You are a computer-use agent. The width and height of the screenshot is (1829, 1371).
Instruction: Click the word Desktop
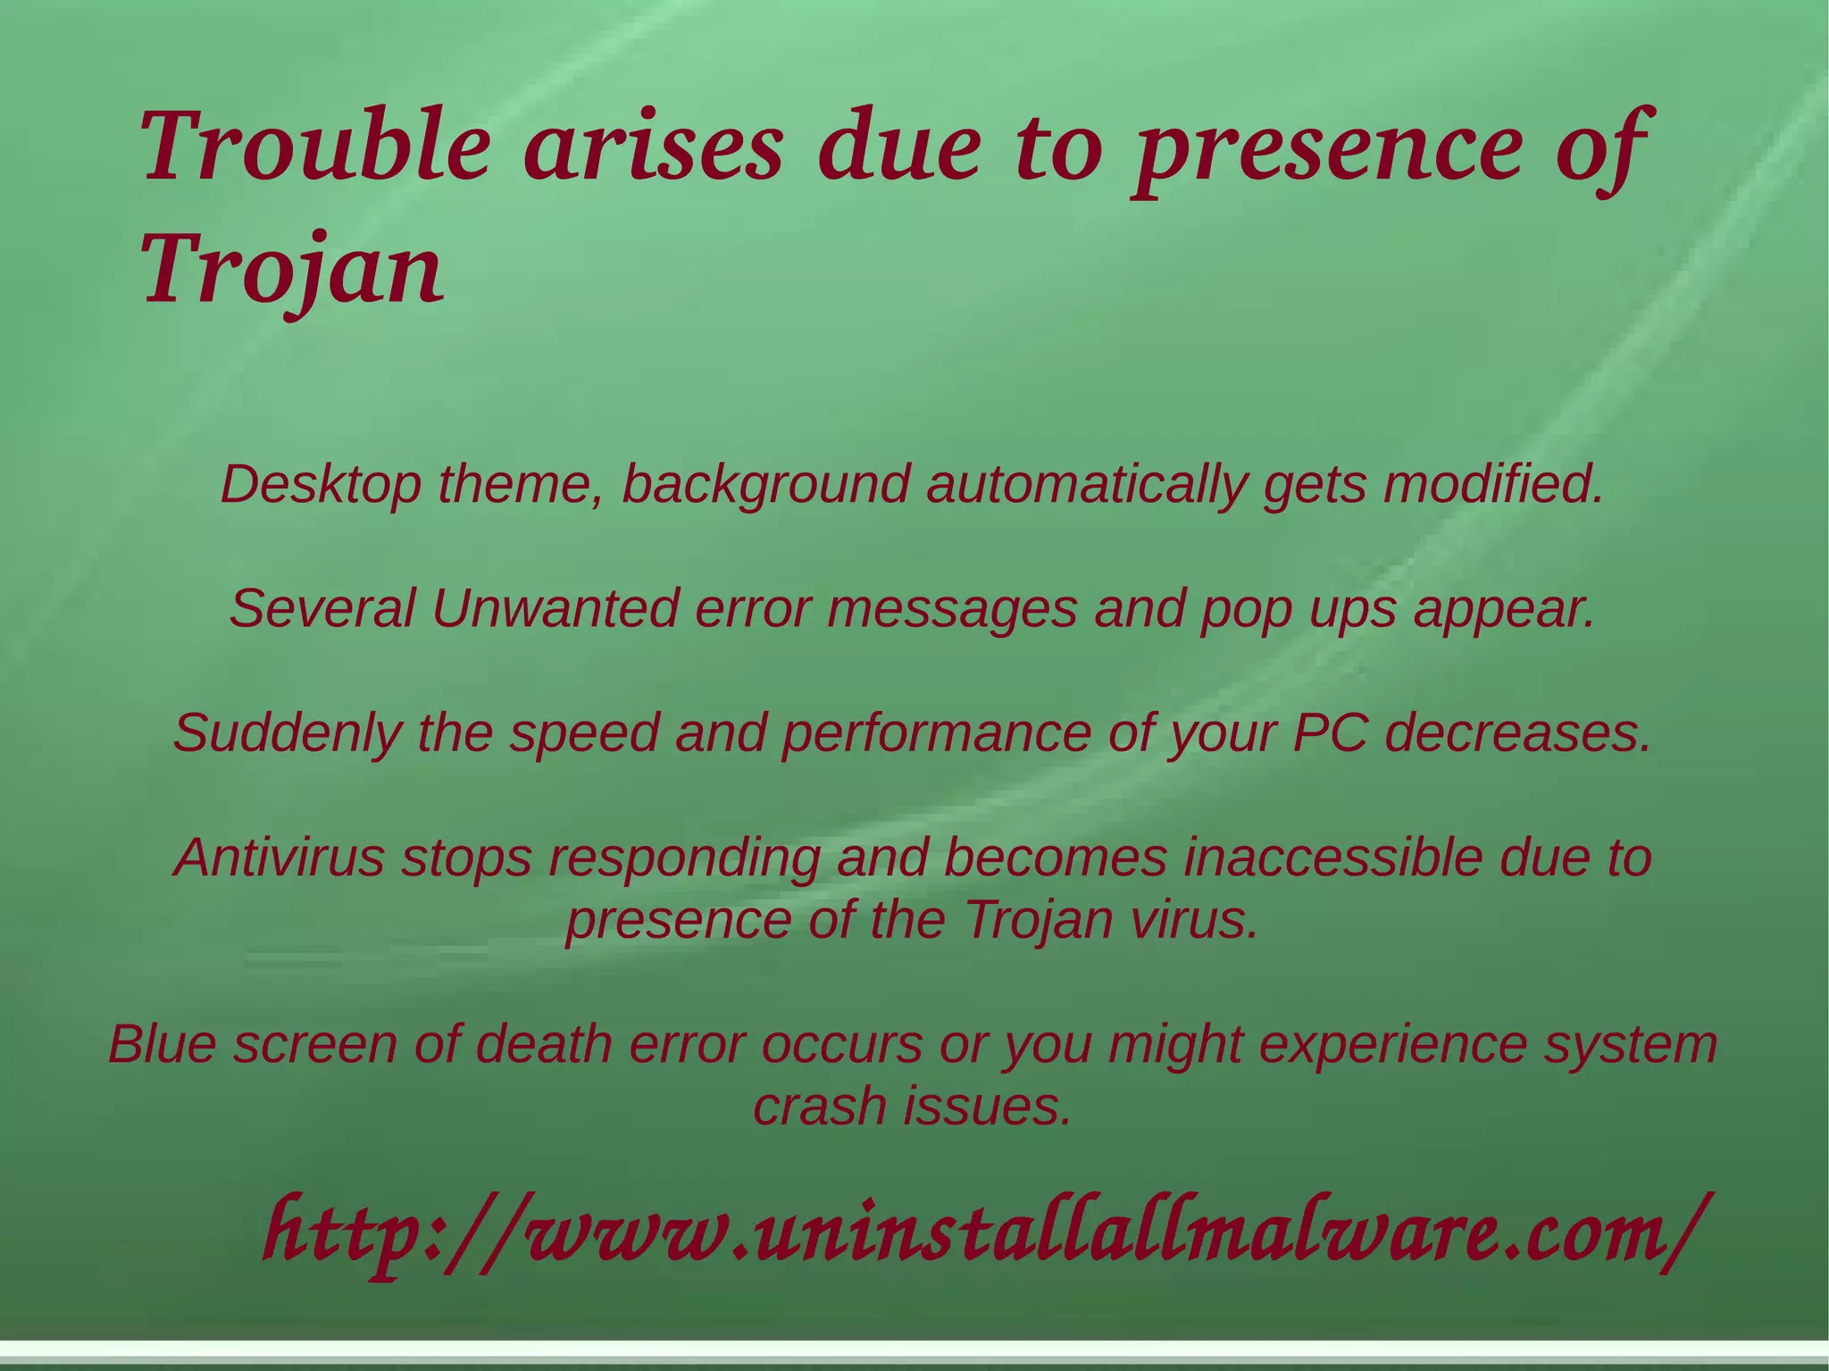coord(321,485)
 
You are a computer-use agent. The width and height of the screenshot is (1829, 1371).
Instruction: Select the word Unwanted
coord(555,609)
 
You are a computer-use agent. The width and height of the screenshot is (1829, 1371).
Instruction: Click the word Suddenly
coord(287,734)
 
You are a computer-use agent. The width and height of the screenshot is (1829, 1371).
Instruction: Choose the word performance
coord(936,734)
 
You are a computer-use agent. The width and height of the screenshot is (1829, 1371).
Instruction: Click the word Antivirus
coord(279,857)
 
